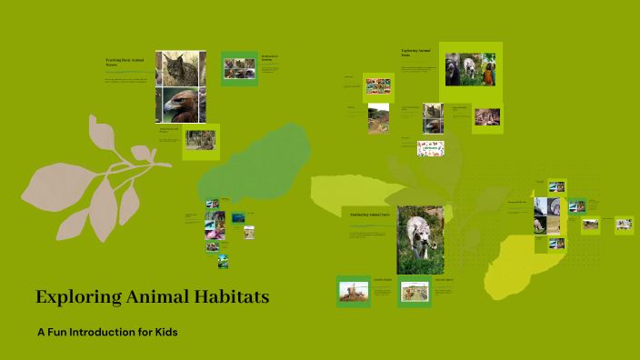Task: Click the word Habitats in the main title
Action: tap(227, 296)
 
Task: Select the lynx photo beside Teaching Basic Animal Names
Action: tap(181, 68)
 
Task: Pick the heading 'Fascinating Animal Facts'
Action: tap(371, 215)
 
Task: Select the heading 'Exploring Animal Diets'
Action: tap(414, 53)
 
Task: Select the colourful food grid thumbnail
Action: tap(377, 86)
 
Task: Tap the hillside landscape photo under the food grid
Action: tap(378, 118)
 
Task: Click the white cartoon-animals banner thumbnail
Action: tap(430, 148)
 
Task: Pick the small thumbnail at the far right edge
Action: tap(624, 225)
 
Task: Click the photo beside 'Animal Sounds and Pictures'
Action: tap(201, 140)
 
